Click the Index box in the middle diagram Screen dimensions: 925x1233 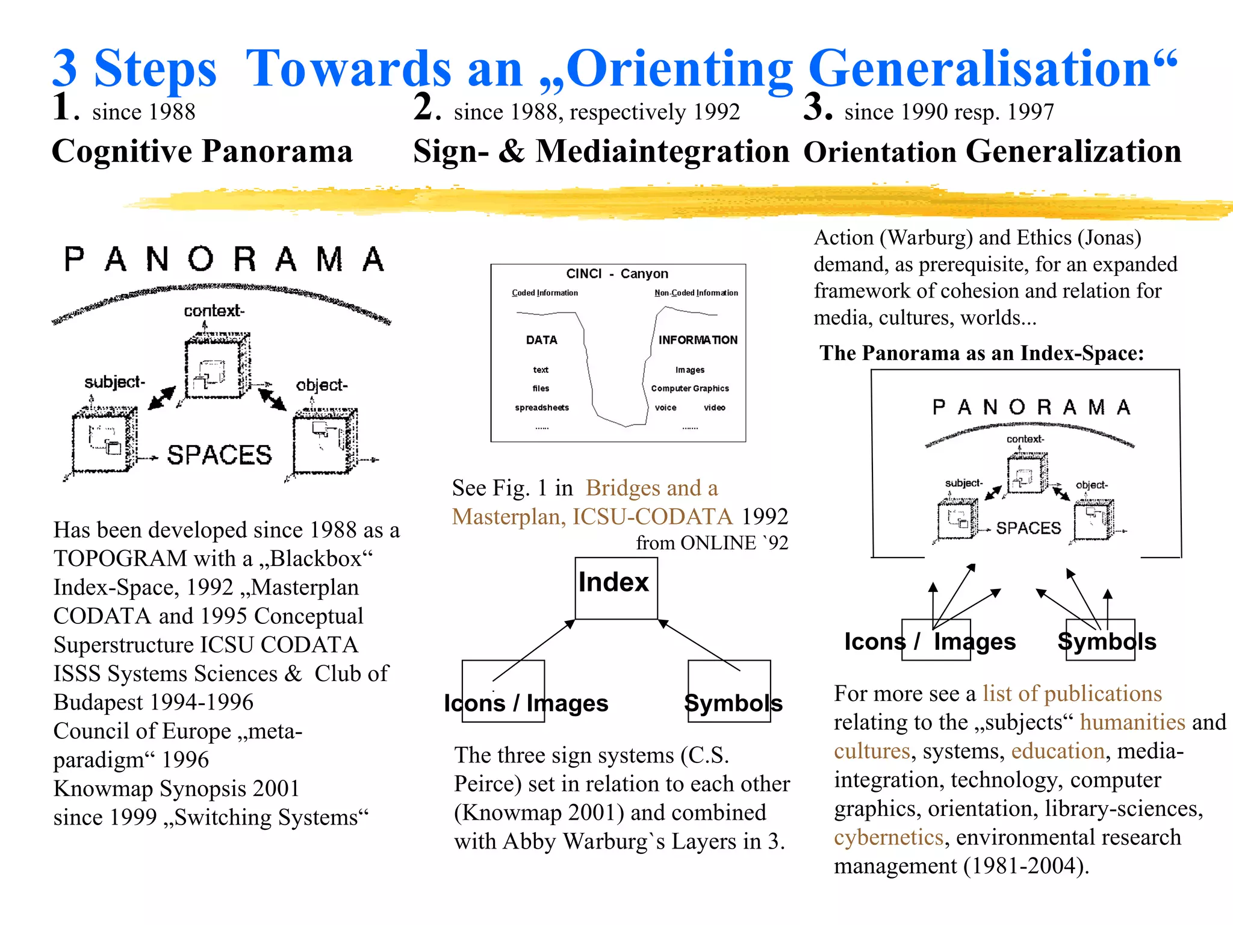click(x=615, y=587)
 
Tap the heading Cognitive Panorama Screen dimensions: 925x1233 click(x=202, y=151)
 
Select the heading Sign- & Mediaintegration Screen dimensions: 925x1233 click(x=601, y=151)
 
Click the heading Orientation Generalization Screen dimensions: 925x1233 click(x=992, y=151)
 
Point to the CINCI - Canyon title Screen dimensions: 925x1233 click(x=617, y=274)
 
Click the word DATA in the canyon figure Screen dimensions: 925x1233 click(x=542, y=340)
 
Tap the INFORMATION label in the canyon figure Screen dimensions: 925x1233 click(x=698, y=340)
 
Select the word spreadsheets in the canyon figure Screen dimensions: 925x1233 click(x=542, y=408)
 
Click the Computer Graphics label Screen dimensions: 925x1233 click(x=690, y=388)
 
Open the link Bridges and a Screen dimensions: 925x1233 click(x=652, y=488)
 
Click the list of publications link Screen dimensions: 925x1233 click(x=1072, y=694)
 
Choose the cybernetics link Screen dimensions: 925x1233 click(x=889, y=837)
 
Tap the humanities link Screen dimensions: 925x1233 click(x=1132, y=722)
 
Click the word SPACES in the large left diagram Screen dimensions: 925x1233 click(x=219, y=455)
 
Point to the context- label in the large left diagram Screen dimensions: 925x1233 click(x=214, y=311)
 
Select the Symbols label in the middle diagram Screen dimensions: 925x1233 click(x=733, y=703)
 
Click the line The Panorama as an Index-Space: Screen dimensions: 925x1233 click(x=981, y=353)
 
